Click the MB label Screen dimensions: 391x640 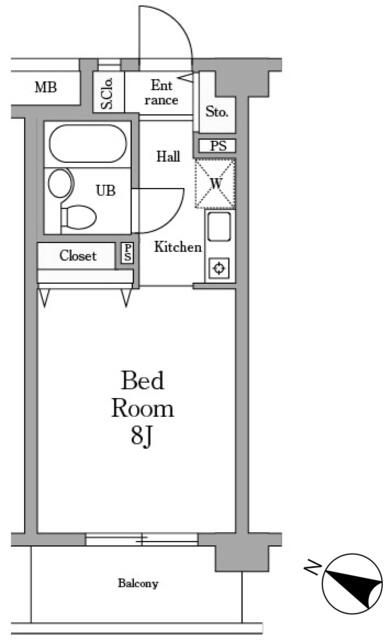click(x=46, y=87)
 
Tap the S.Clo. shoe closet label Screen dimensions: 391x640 click(x=107, y=93)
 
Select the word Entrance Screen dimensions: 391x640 click(x=162, y=92)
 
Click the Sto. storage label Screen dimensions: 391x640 click(x=217, y=111)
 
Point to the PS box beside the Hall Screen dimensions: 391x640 click(x=218, y=146)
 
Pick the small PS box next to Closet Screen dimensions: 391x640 click(x=128, y=253)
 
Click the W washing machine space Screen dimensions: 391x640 click(x=215, y=184)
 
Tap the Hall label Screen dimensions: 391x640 click(x=168, y=156)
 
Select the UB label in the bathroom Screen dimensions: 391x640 click(x=105, y=190)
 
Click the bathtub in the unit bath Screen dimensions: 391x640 click(x=87, y=144)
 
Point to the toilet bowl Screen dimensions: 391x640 click(x=78, y=218)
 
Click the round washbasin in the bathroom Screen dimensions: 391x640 click(x=61, y=183)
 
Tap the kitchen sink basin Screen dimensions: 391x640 click(x=219, y=227)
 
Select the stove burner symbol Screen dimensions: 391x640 click(x=220, y=269)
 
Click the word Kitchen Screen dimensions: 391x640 click(x=178, y=247)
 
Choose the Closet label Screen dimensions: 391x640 click(x=78, y=256)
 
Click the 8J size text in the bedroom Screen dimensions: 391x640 click(x=142, y=436)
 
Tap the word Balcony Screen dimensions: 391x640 click(x=138, y=583)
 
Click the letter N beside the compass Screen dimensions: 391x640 click(x=313, y=567)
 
